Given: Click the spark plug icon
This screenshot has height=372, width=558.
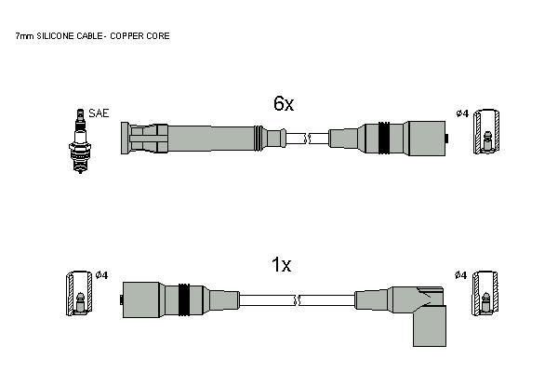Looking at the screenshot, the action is (80, 141).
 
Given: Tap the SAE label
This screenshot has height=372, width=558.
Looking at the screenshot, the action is (99, 113).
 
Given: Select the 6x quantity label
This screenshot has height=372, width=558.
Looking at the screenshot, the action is (284, 103).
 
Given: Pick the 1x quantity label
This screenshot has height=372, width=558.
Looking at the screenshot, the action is (281, 265).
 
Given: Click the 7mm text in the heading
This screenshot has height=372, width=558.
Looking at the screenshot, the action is (24, 36).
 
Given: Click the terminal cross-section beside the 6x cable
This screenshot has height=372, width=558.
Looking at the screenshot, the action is (486, 132).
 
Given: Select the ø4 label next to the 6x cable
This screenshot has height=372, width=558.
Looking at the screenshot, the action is (462, 113).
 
